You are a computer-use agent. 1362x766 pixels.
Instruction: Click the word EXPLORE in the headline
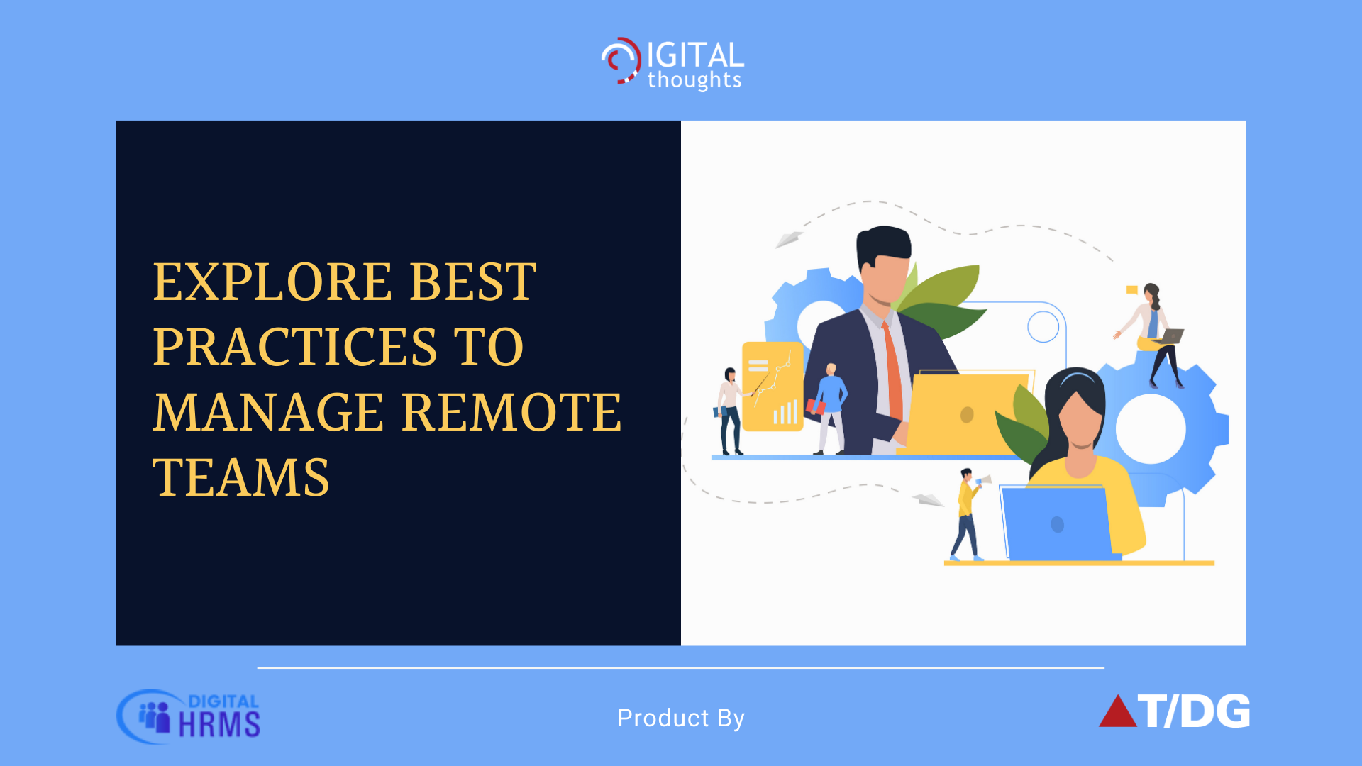[x=272, y=282]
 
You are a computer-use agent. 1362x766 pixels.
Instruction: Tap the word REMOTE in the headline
[x=511, y=412]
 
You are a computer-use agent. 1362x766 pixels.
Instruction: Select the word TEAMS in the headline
[x=241, y=477]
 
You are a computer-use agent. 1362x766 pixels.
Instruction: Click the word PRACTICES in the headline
[x=294, y=347]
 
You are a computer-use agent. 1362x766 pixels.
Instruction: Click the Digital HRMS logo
[x=189, y=716]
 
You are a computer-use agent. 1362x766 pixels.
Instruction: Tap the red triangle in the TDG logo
[x=1117, y=711]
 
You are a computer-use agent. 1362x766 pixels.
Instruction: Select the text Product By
[x=681, y=718]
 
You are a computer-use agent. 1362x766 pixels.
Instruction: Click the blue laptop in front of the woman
[x=1057, y=523]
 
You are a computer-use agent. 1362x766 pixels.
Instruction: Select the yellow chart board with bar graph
[x=773, y=386]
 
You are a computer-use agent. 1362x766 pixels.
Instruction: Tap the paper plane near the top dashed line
[x=789, y=239]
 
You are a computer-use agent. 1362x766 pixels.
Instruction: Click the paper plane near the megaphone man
[x=928, y=499]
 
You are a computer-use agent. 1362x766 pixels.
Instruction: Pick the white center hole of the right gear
[x=1150, y=429]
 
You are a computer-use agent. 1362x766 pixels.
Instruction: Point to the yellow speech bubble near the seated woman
[x=1132, y=289]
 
